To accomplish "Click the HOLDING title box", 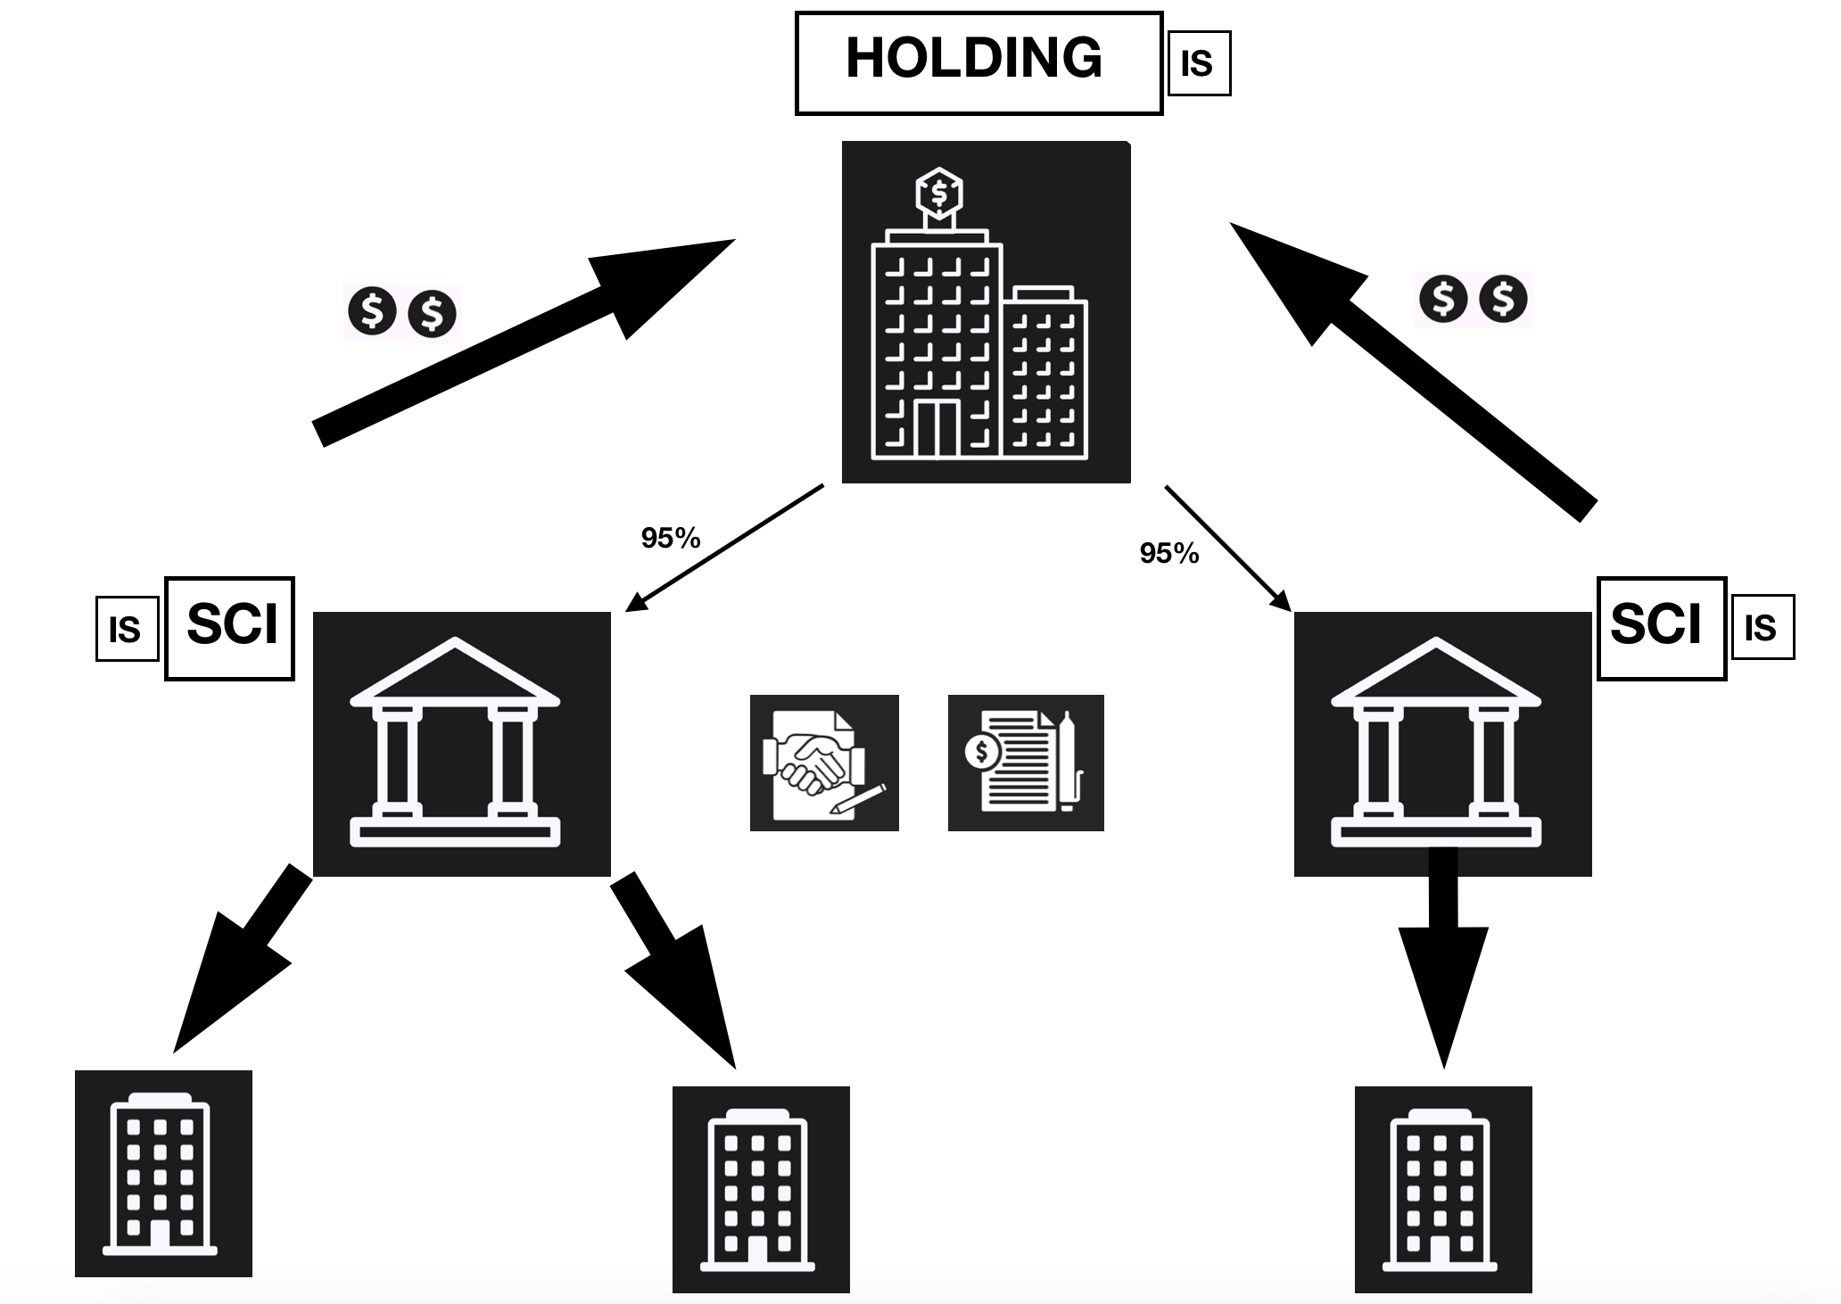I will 978,62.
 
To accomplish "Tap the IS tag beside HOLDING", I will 1198,63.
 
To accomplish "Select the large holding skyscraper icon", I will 986,312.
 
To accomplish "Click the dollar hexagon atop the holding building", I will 938,193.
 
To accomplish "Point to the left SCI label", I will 230,628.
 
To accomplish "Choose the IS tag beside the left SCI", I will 126,630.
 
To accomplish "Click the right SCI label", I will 1660,628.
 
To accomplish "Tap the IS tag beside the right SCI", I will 1762,628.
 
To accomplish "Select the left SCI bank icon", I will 461,743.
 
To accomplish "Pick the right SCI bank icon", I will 1441,743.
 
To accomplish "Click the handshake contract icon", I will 823,763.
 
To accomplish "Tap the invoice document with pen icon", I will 1025,763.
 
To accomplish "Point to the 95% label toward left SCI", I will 671,538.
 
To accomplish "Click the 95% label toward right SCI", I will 1168,553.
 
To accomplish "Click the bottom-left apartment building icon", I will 163,1173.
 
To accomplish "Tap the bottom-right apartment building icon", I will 1442,1189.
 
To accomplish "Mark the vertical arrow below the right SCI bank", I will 1442,954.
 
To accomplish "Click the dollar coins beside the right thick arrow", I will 1473,299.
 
